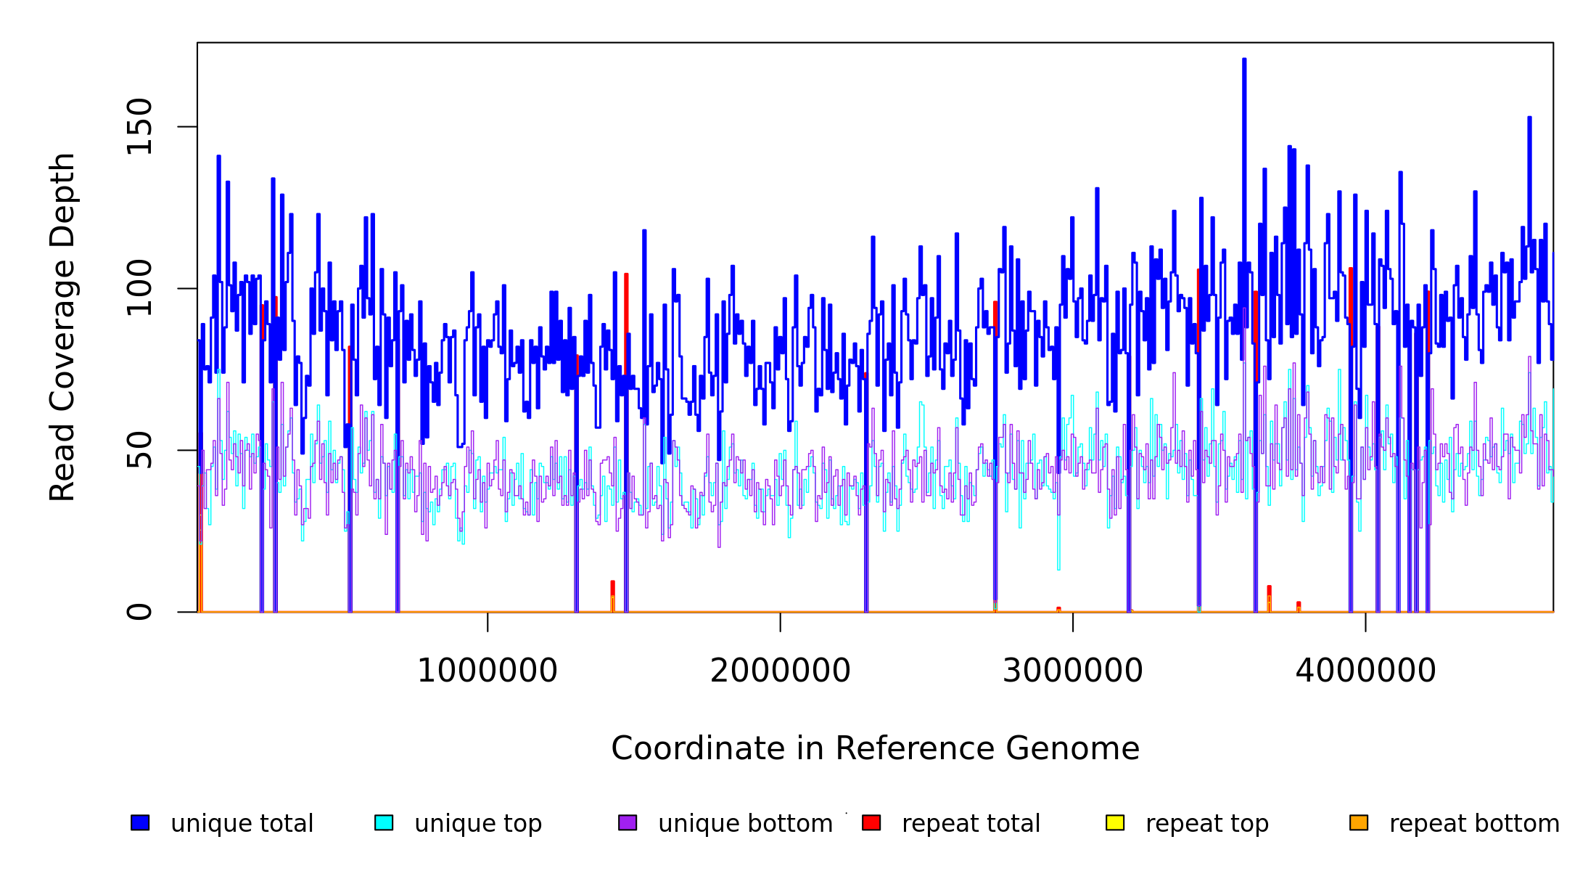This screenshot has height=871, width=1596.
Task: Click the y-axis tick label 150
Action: coord(139,127)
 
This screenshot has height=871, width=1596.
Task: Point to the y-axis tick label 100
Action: coord(139,288)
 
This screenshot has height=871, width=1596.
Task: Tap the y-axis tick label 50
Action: coord(139,450)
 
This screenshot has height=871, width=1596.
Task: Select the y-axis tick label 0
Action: coord(139,612)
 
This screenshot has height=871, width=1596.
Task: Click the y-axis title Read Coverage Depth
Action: coord(62,327)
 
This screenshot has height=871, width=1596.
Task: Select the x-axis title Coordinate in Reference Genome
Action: coord(875,749)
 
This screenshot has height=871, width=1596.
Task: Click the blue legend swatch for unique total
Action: coord(140,822)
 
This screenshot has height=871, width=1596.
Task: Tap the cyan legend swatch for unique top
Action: coord(384,822)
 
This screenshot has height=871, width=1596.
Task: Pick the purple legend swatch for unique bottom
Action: coord(628,822)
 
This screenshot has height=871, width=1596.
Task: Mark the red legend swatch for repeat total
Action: coord(871,822)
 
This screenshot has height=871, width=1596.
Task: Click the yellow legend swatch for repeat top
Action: coord(1115,822)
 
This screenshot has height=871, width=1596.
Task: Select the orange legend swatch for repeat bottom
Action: coord(1359,822)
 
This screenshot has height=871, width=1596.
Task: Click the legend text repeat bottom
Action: coord(1474,824)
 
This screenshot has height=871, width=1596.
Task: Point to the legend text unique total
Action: coord(242,824)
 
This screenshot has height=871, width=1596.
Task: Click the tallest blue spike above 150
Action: coord(1244,61)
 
